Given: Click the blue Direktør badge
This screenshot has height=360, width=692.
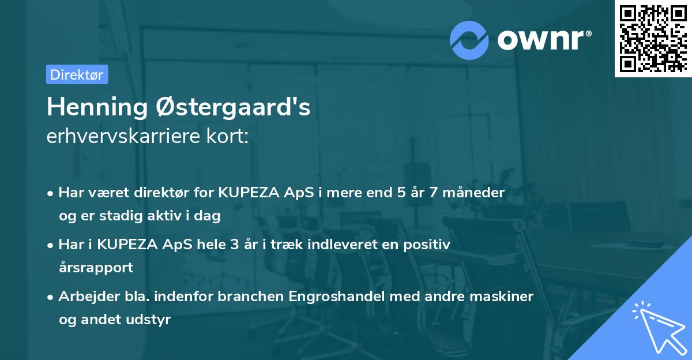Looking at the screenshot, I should point(77,74).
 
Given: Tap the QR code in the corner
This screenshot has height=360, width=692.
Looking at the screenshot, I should point(652,38).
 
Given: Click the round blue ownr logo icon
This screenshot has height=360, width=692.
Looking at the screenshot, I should point(468,40).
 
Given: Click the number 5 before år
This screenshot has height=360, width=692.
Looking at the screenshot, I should point(401,192).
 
